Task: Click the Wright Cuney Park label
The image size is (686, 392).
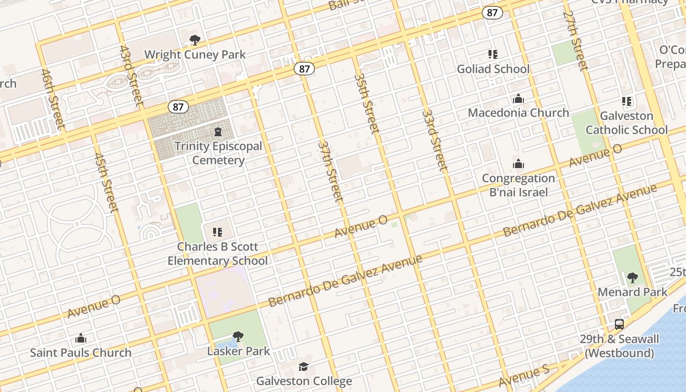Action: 195,54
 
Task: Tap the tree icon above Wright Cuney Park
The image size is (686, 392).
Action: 195,40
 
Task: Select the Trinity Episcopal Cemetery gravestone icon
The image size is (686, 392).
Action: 218,132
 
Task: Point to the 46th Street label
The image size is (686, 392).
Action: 53,99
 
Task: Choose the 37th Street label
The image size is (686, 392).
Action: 330,171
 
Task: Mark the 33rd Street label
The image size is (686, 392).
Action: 435,140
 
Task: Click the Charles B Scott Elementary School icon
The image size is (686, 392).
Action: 218,232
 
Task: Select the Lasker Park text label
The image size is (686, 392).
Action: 239,351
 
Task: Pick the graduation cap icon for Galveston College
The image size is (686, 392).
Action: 304,367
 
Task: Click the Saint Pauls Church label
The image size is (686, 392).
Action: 81,353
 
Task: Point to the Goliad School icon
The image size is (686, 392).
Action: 493,54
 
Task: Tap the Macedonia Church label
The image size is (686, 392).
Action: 518,113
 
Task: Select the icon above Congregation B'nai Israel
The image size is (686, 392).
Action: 518,164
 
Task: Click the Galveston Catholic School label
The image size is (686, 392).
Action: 627,123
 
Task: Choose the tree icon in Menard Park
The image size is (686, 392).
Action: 633,278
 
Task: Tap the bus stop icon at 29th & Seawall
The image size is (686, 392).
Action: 619,324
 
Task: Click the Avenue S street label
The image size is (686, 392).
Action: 524,376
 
